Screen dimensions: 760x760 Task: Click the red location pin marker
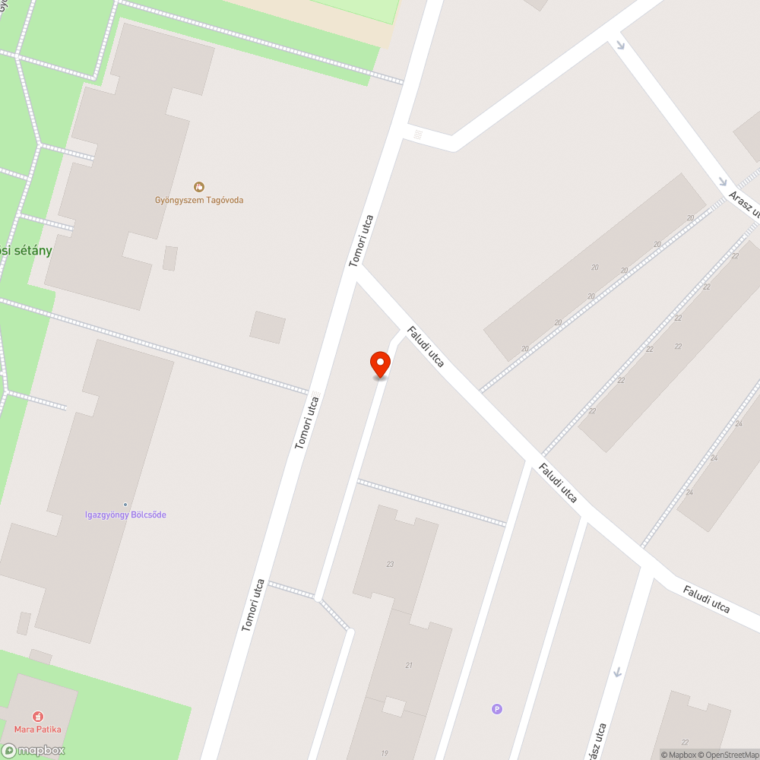click(x=380, y=363)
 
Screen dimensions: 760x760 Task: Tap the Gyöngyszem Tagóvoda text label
click(x=200, y=201)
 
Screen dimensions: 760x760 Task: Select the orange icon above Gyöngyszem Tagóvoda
click(x=199, y=187)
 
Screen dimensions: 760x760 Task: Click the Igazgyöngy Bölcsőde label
click(x=125, y=515)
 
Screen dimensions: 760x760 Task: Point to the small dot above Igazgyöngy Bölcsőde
click(x=125, y=505)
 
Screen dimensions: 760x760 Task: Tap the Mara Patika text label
click(x=37, y=730)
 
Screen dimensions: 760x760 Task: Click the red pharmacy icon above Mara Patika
click(x=37, y=716)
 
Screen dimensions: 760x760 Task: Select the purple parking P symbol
click(x=497, y=709)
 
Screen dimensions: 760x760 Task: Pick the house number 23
click(x=390, y=564)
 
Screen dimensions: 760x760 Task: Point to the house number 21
click(x=409, y=666)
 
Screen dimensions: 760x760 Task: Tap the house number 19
click(x=385, y=753)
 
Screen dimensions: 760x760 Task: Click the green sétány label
click(x=26, y=251)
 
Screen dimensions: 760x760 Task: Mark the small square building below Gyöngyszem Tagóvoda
click(x=268, y=327)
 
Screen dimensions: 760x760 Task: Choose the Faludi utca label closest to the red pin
click(x=426, y=347)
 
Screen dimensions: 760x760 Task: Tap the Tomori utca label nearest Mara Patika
click(x=253, y=605)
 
